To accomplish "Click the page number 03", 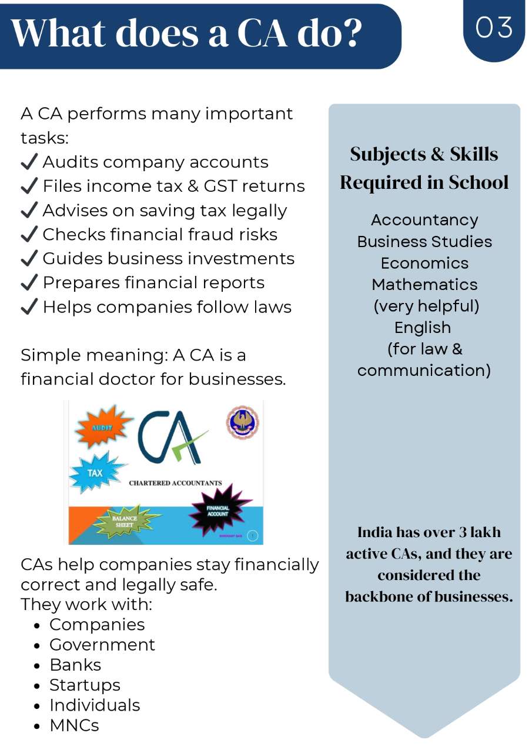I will coord(494,28).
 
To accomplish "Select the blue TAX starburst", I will coord(96,472).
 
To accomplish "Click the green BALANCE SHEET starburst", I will coord(125,520).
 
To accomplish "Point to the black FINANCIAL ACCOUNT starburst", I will coord(218,510).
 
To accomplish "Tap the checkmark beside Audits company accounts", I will coord(29,162).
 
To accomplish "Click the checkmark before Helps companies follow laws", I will coord(29,307).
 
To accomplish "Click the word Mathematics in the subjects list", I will coord(424,285).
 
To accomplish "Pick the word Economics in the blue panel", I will coord(424,263).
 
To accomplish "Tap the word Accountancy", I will coord(424,220).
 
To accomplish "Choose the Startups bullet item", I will coord(85,685).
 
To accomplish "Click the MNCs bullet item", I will coord(74,725).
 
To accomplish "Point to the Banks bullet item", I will coord(75,665).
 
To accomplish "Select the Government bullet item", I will coord(102,645).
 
